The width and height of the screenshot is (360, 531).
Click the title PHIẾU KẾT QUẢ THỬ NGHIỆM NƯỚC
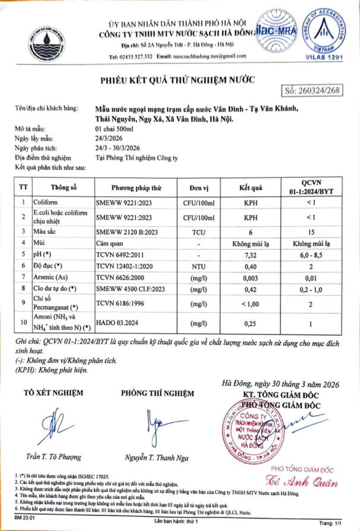(x=176, y=80)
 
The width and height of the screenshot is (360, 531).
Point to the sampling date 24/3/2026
(x=109, y=136)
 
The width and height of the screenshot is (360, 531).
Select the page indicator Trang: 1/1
(x=330, y=522)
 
